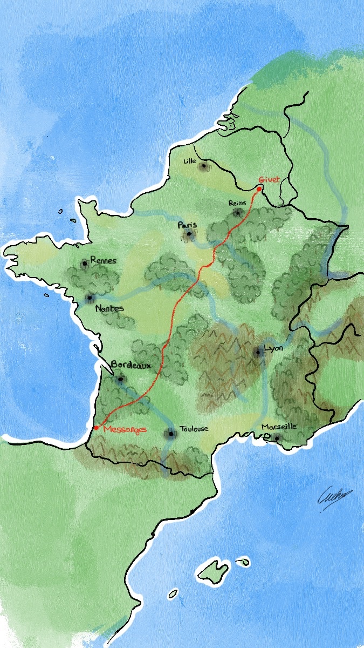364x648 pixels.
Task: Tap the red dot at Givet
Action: point(259,189)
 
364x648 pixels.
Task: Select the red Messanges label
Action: point(125,429)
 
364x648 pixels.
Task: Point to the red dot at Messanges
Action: point(96,428)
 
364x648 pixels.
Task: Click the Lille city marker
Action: point(204,166)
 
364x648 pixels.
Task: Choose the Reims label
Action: point(237,203)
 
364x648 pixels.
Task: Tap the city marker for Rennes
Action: point(85,264)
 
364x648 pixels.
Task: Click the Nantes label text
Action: point(109,309)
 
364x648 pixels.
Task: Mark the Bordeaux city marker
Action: point(120,380)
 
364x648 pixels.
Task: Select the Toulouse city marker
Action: point(171,433)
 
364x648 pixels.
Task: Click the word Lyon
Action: point(273,348)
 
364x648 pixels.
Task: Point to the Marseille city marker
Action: point(277,437)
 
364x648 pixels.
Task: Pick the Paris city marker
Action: point(189,234)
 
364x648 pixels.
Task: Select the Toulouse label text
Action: point(193,429)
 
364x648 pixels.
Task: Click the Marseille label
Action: point(279,427)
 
